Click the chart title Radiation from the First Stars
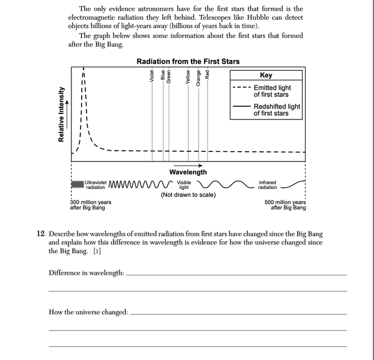coord(188,61)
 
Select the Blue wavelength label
coord(163,76)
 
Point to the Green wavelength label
coord(169,76)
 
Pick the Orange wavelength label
coord(199,76)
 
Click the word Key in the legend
coord(265,76)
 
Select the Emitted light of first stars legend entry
coord(271,91)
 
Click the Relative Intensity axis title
coord(61,115)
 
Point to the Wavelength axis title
coord(188,172)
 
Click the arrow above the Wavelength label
coord(188,164)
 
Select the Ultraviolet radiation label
coord(95,184)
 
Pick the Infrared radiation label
coord(268,184)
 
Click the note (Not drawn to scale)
coord(188,195)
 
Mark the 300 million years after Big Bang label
coord(91,205)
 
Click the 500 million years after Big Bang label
coord(285,205)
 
